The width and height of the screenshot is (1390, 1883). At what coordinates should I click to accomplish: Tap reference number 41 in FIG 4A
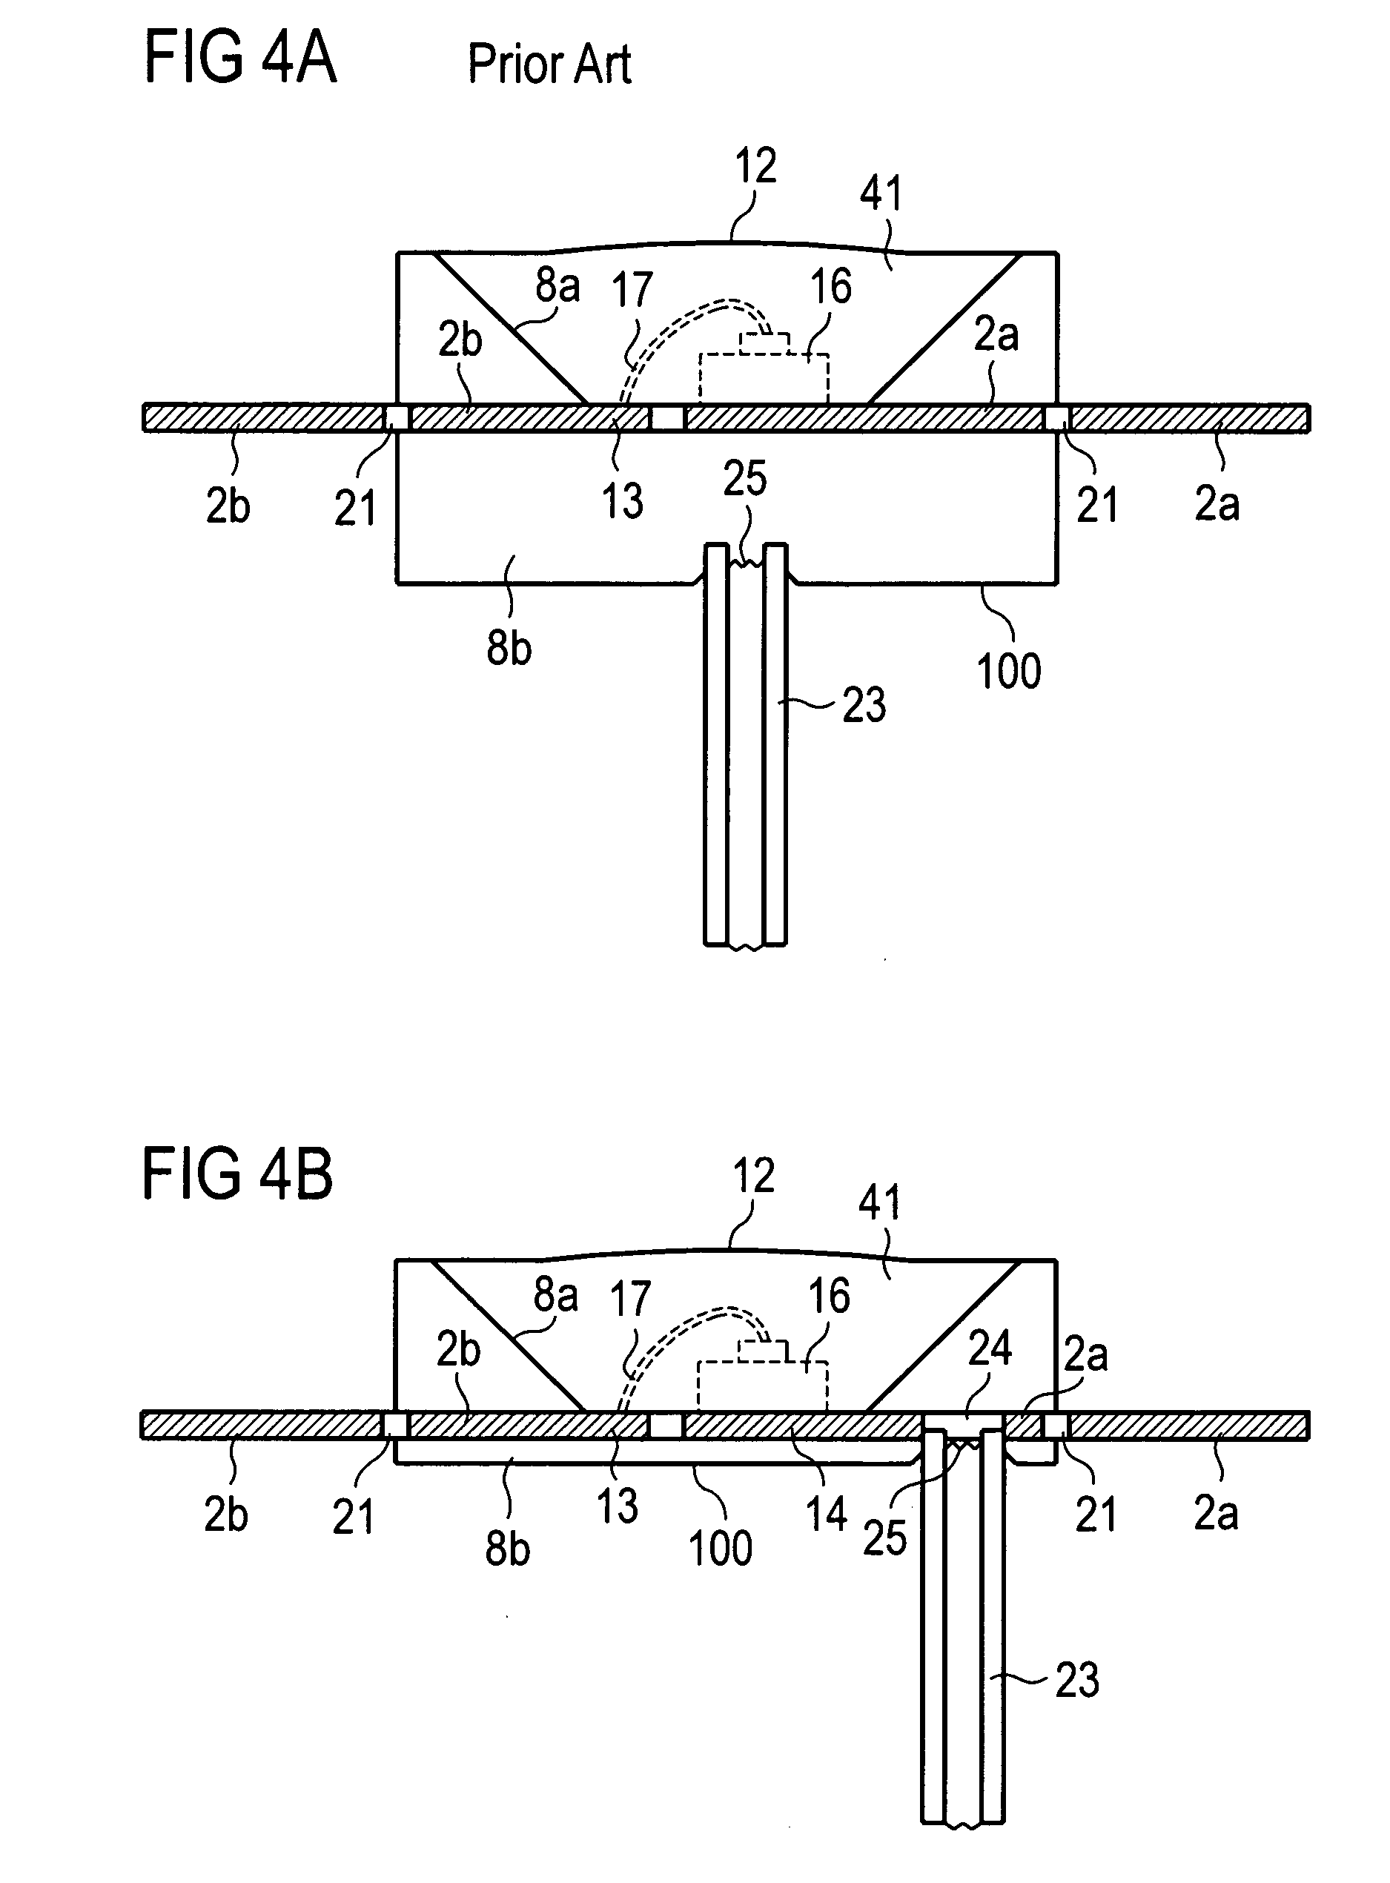pos(881,193)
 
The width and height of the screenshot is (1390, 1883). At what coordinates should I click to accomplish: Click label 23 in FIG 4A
pos(864,705)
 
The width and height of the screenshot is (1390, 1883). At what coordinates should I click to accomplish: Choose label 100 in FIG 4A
pos(1009,671)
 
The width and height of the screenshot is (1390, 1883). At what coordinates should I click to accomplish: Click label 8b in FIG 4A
pos(509,648)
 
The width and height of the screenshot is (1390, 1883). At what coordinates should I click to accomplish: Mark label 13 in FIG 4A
pos(623,500)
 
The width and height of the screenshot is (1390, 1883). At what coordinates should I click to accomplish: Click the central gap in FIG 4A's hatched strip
pos(668,418)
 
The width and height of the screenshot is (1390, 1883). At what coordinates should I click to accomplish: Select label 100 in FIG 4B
pos(721,1548)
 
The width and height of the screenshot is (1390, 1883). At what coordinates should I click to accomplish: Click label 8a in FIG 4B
pos(556,1295)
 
